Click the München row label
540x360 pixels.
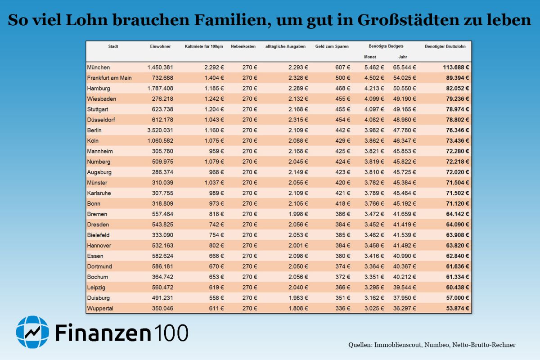tap(98, 67)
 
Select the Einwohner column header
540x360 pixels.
tap(160, 46)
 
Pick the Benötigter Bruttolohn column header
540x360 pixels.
tap(445, 46)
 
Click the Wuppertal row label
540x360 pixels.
tap(100, 308)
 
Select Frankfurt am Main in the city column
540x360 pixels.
tap(109, 78)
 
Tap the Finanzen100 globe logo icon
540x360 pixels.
tap(32, 332)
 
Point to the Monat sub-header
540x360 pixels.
tap(370, 57)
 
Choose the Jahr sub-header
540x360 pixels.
tap(402, 57)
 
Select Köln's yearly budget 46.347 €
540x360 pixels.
tap(404, 141)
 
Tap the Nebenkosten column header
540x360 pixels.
tap(243, 46)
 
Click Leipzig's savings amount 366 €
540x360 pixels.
tap(342, 288)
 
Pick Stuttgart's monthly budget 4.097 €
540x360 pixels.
tap(373, 109)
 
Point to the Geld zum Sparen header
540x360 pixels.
tap(332, 46)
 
